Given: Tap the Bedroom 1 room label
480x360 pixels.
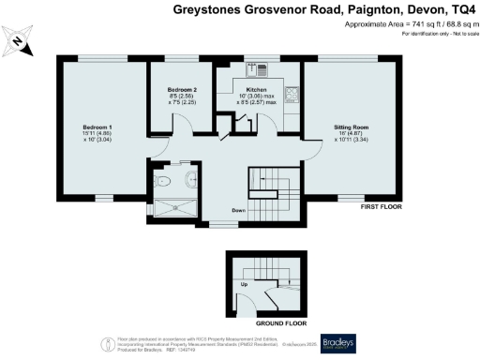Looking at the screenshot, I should click(97, 126).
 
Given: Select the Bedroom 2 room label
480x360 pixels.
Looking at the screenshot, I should click(182, 89).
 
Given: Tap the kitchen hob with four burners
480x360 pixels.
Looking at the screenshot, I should click(292, 94).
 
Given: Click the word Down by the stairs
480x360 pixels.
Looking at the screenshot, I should click(241, 211).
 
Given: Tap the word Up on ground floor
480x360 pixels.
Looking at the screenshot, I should click(246, 282).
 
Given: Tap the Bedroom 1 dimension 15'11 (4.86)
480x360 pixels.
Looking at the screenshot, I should click(97, 134).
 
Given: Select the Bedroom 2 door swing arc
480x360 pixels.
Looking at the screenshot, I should click(158, 142).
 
